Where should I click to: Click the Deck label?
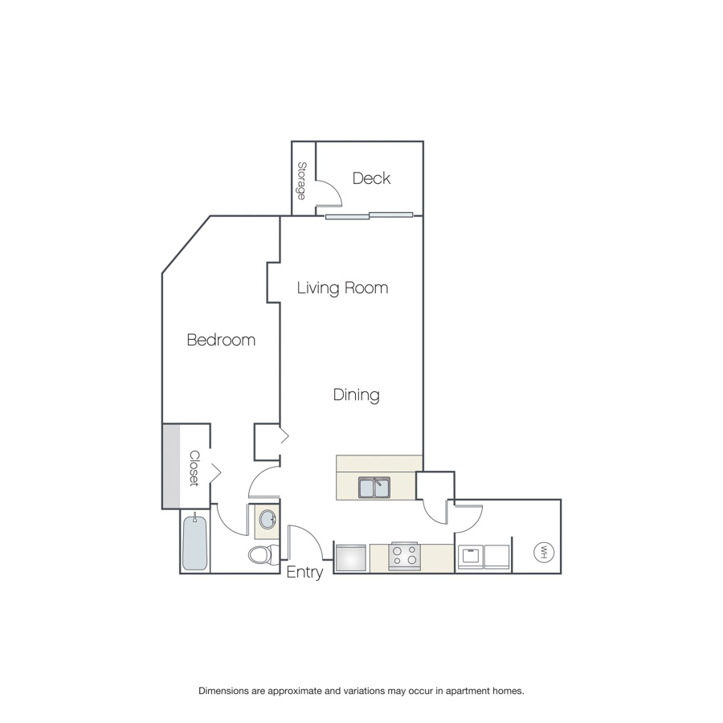[371, 178]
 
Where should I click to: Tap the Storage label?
[302, 181]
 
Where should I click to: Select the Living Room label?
[342, 288]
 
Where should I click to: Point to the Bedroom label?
[221, 340]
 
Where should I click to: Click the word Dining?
[357, 395]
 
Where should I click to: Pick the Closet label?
[194, 468]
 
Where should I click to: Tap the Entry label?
[304, 572]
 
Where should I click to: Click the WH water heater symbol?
[544, 552]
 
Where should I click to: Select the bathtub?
[194, 542]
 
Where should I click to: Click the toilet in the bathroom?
[263, 553]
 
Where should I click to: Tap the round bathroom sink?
[268, 520]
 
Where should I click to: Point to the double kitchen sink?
[374, 488]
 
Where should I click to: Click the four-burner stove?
[404, 556]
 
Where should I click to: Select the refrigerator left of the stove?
[351, 559]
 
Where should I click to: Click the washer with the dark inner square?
[470, 557]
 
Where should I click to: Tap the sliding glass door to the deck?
[369, 215]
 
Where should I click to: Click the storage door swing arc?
[334, 189]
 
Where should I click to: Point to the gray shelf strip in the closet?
[171, 466]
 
